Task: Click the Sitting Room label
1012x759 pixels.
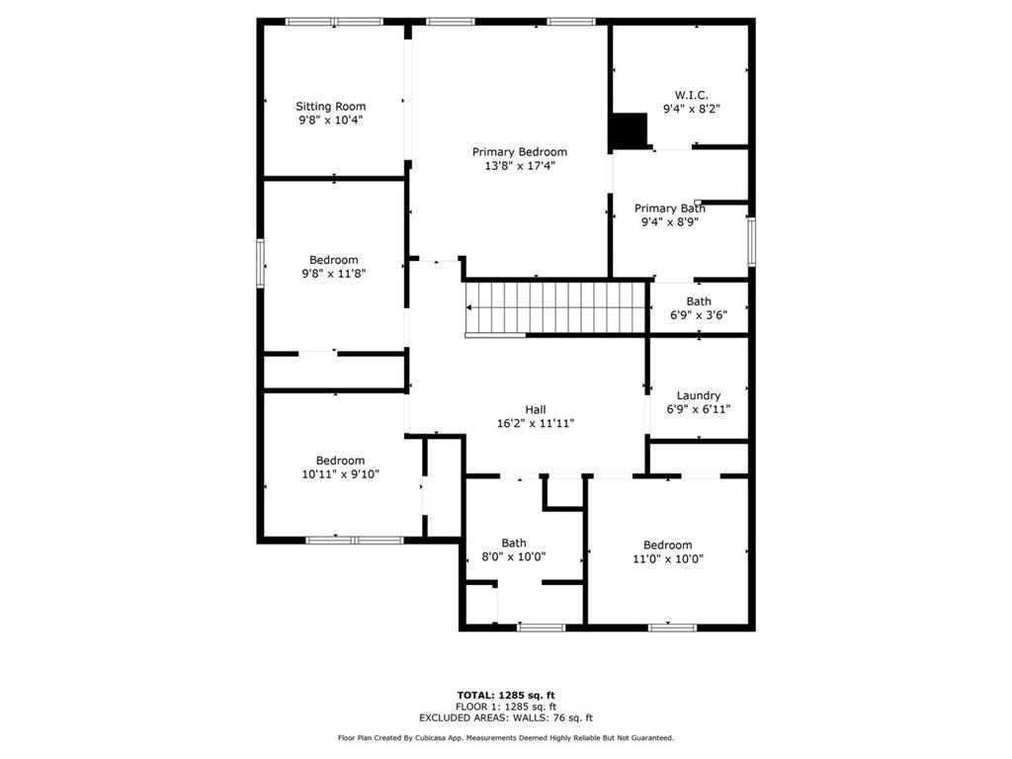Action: point(330,107)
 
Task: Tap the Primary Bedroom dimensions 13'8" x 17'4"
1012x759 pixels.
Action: point(520,166)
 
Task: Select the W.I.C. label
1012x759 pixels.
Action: point(691,96)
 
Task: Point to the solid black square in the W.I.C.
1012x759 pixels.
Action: point(629,131)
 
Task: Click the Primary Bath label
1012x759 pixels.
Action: point(669,209)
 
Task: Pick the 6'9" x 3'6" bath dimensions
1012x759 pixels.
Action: point(699,315)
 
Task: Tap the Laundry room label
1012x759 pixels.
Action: point(699,395)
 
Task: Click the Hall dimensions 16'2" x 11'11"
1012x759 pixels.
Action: point(535,423)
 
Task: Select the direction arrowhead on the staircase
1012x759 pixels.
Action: point(469,308)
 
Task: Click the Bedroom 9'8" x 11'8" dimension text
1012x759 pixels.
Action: point(334,274)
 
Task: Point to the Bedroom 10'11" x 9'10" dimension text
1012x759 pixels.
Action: point(340,474)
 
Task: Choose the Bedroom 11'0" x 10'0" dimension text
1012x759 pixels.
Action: point(667,559)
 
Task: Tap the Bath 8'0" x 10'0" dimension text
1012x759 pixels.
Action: point(514,556)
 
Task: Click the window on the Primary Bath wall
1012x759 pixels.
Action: point(751,242)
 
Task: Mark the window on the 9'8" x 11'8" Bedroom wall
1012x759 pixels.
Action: point(261,263)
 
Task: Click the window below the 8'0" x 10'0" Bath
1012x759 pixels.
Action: point(541,628)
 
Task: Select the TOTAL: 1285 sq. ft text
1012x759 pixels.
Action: point(506,695)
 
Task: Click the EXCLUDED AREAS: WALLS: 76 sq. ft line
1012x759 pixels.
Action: point(506,717)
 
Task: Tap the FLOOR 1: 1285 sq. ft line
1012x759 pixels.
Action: point(506,707)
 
